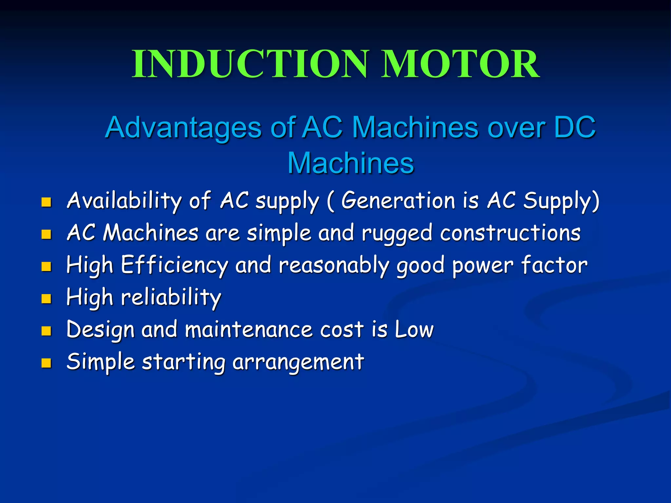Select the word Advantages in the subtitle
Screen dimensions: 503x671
click(183, 128)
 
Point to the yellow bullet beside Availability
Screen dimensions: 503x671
click(46, 202)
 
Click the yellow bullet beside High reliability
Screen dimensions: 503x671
click(46, 299)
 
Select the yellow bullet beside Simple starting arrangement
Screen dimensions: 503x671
click(46, 363)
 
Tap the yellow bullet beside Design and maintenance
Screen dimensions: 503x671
click(46, 331)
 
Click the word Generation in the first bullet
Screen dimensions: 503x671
click(398, 200)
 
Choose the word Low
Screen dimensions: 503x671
click(414, 329)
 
